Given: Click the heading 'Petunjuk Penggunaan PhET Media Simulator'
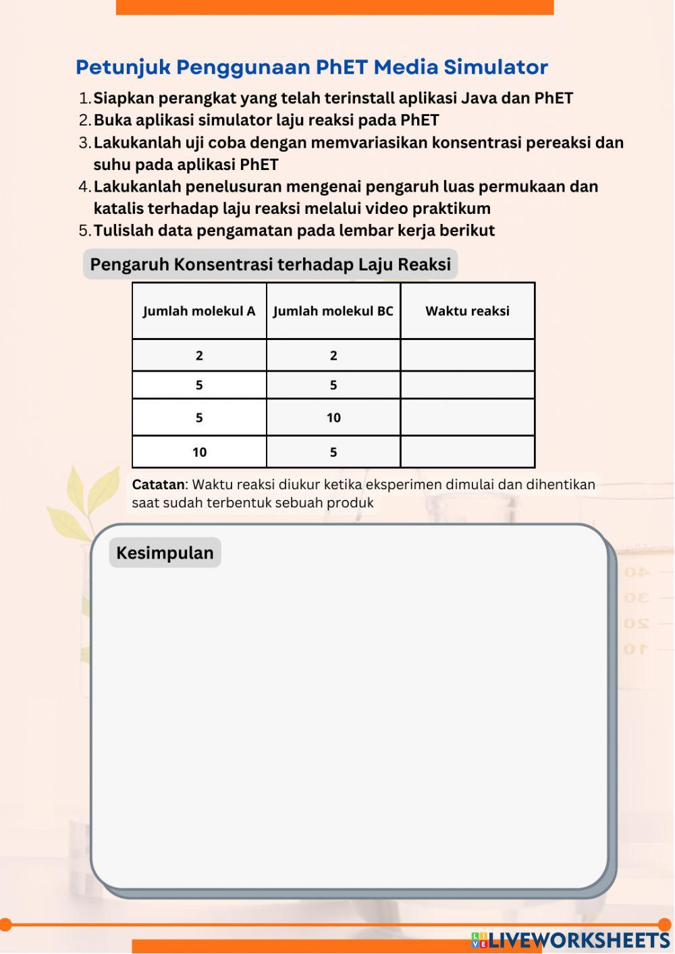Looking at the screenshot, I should [x=311, y=67].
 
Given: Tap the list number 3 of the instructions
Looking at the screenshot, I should [x=84, y=143].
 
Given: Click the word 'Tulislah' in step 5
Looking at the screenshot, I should [x=124, y=231].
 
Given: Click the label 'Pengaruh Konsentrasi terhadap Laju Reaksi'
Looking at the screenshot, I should [x=270, y=264].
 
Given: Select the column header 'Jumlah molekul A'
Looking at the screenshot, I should [x=199, y=311].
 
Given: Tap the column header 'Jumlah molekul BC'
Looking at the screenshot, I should [x=333, y=311].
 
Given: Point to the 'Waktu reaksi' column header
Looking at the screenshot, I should [x=467, y=311].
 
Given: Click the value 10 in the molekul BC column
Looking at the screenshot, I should [x=333, y=418].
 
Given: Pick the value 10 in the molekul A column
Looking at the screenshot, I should [x=199, y=452].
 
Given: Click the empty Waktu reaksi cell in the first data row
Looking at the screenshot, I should [x=467, y=356].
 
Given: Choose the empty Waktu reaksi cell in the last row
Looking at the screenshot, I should [x=467, y=452].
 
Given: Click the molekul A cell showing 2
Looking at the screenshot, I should [x=199, y=356].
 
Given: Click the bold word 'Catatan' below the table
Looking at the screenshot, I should [x=158, y=484].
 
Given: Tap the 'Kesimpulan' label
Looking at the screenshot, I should [x=165, y=553].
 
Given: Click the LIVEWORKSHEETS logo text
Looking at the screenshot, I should [x=579, y=941].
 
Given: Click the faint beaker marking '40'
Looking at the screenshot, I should [x=637, y=572].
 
